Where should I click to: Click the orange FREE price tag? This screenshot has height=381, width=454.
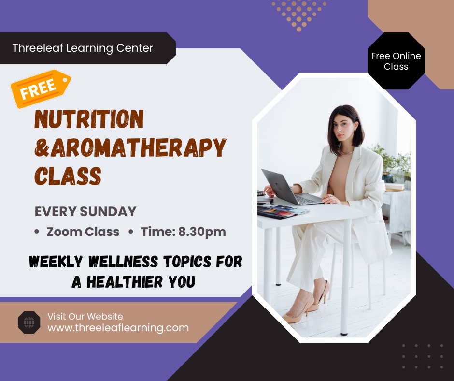41,88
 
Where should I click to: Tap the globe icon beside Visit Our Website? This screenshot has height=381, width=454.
29,322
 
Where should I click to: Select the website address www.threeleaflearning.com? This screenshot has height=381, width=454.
118,328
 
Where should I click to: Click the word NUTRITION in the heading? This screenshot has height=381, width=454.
89,119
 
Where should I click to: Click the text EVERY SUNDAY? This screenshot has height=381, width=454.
85,211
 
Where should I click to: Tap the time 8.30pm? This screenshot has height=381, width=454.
202,232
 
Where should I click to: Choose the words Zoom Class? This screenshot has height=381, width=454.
83,232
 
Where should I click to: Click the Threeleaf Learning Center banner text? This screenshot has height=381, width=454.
83,48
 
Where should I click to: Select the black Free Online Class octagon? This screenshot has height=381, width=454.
396,61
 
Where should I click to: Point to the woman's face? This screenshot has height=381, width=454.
342,128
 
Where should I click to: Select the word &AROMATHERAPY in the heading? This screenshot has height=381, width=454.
130,147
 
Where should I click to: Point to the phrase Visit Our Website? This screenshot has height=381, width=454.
85,317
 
